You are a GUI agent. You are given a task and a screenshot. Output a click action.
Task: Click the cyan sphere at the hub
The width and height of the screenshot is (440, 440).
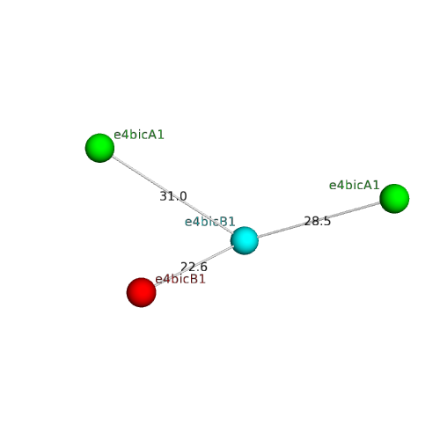pos(245,240)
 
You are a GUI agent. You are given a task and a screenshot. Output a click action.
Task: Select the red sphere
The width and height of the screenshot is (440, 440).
pos(141,292)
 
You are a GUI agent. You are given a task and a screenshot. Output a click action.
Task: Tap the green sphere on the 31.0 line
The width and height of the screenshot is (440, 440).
pos(99,148)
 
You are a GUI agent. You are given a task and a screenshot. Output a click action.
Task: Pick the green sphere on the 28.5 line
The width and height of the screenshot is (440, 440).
pos(394,199)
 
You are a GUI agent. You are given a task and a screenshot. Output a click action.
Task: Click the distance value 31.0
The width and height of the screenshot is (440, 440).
pos(173,196)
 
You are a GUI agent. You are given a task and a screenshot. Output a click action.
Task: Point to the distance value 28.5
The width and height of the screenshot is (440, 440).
pos(318,221)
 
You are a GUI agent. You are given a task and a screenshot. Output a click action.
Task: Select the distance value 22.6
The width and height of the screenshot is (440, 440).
pos(194,267)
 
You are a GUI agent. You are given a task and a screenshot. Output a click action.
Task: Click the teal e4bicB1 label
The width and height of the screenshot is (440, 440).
pos(209,222)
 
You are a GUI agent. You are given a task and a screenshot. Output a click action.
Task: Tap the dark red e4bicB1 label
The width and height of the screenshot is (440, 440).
pos(180,279)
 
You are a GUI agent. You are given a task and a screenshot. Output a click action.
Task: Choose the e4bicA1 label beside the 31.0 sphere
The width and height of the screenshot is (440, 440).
pos(139,135)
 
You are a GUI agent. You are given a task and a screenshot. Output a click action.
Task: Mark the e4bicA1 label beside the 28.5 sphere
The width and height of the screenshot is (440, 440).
pos(354,185)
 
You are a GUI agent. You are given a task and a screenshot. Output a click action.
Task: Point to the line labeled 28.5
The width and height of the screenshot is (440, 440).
pos(319,220)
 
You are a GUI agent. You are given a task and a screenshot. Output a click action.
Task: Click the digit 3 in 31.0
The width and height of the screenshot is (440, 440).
pos(163,196)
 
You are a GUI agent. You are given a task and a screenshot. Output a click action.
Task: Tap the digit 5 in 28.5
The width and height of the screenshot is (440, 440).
pos(327,221)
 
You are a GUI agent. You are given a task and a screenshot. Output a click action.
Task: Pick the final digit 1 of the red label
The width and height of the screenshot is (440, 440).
pos(202,279)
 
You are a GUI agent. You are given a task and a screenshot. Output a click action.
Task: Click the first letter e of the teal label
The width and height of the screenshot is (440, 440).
pos(187,223)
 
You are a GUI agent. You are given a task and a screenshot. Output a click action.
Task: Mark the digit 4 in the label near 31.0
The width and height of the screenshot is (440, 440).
pos(124,135)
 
